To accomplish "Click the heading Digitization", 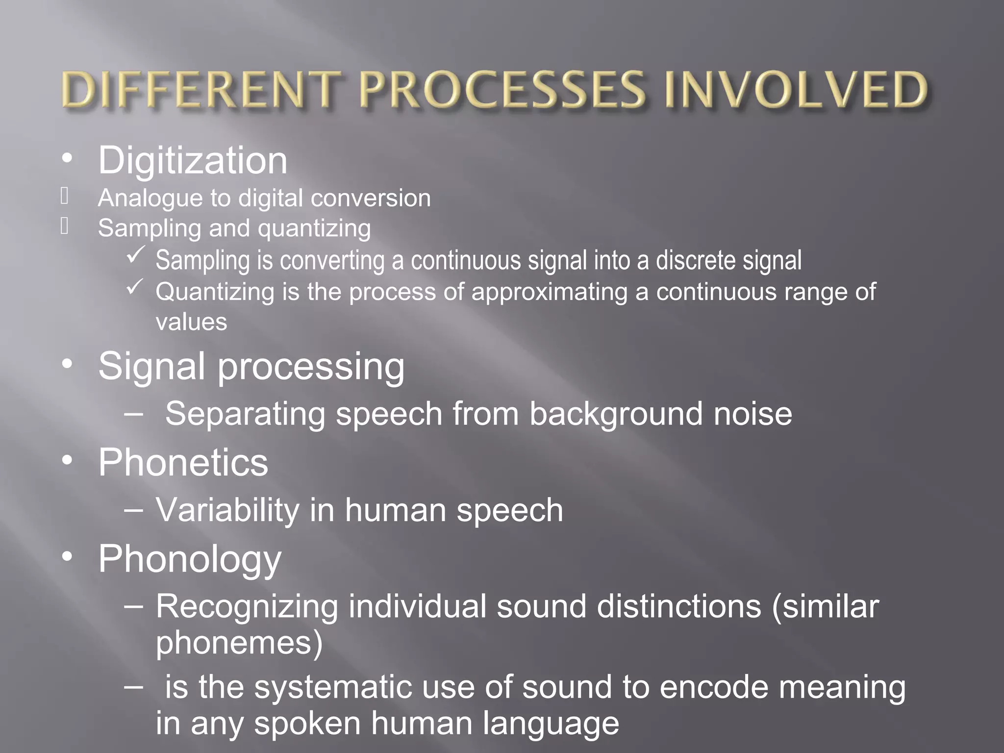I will point(193,161).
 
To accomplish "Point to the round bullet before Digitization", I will point(67,158).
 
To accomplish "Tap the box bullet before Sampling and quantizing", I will point(65,226).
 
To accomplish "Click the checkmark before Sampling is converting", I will point(135,255).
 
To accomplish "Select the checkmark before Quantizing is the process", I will point(135,287).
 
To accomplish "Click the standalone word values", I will point(191,323).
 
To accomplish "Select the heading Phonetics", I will point(183,462).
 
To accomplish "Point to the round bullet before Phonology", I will point(67,556).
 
